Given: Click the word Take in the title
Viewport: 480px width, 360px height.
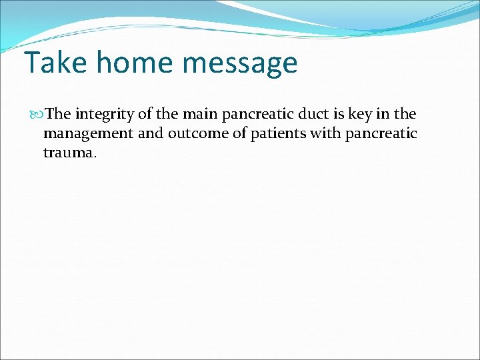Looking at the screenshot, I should click(54, 63).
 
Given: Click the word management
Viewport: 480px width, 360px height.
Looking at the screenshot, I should click(88, 134).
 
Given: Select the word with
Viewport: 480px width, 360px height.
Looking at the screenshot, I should click(325, 133).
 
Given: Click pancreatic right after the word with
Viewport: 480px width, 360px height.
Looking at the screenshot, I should click(381, 134).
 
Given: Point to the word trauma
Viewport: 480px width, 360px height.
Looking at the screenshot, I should click(69, 153).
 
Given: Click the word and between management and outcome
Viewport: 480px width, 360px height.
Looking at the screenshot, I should click(151, 133).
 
